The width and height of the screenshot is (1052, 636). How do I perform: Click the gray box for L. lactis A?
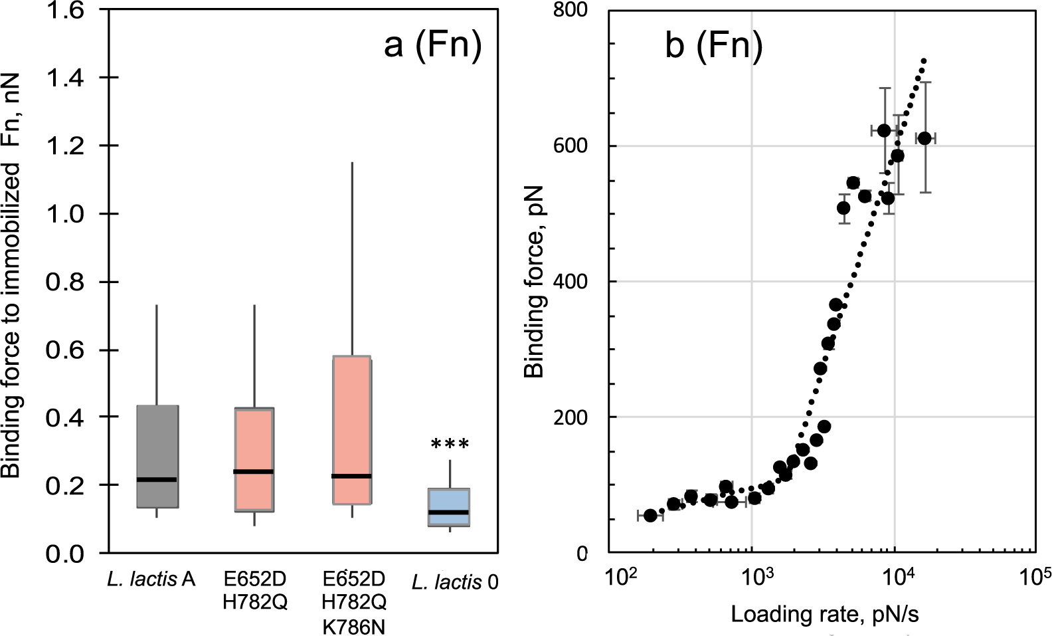[157, 456]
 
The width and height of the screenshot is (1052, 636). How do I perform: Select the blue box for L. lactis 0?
[450, 507]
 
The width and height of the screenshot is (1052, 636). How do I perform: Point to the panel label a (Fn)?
[432, 47]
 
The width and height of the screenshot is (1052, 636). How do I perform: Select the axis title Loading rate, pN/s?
[825, 615]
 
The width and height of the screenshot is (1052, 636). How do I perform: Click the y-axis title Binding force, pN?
[535, 282]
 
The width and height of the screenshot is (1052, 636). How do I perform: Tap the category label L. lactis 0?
[455, 583]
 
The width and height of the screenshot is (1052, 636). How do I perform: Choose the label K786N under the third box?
[353, 625]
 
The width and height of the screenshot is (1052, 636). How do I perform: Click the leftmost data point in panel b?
[650, 515]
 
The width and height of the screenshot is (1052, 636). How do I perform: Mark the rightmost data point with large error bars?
[924, 138]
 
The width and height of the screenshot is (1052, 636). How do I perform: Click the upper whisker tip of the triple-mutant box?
[352, 163]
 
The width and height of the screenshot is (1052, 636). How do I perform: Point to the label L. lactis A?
[151, 580]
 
